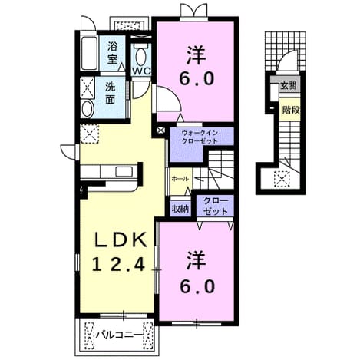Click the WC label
(141, 71)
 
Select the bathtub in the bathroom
(89, 53)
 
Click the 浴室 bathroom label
(112, 53)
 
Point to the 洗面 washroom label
(111, 94)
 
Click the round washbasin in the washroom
(88, 109)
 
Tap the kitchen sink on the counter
(124, 171)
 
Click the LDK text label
(121, 239)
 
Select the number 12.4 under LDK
(119, 264)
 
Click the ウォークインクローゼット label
(200, 137)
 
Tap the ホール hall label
(180, 179)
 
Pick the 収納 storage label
(180, 210)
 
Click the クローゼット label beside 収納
(215, 206)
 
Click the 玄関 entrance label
(289, 86)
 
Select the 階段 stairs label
(291, 110)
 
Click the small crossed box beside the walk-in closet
(161, 130)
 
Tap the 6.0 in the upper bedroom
(197, 78)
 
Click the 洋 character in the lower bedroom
(197, 260)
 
